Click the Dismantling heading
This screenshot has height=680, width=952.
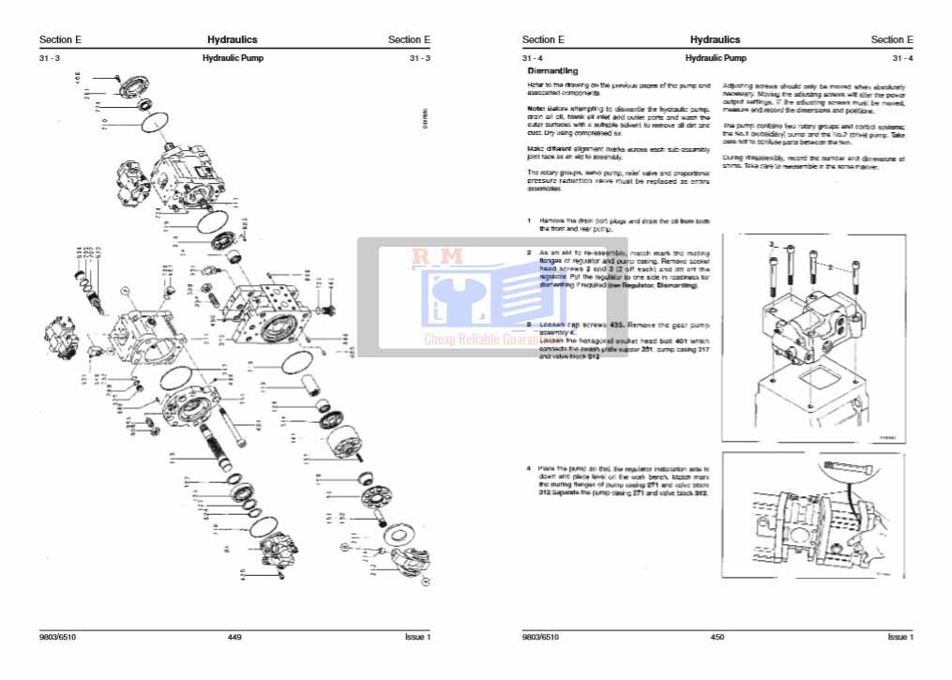552,71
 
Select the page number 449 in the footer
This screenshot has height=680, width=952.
234,638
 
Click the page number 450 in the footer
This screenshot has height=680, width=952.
718,638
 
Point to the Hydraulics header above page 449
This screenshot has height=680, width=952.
232,39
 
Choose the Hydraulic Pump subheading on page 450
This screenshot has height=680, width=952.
716,58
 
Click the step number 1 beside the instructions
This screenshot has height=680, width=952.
529,221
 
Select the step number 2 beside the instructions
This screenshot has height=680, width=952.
529,253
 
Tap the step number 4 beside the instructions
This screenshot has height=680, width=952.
529,467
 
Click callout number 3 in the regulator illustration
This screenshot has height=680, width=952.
771,244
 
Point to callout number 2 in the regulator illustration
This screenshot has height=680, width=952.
831,267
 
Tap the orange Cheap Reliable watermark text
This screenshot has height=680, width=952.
469,340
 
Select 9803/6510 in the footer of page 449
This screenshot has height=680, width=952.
57,638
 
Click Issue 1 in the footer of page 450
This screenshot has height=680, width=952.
899,638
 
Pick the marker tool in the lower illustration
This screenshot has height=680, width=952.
842,466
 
